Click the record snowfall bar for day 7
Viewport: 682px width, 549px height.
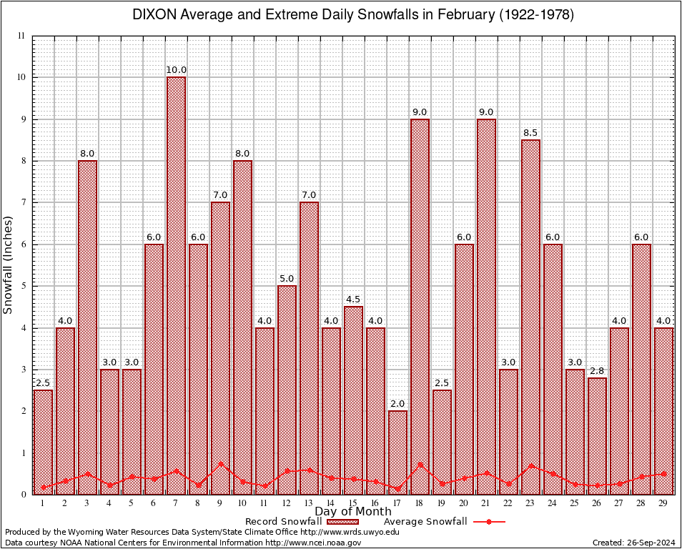[176, 286]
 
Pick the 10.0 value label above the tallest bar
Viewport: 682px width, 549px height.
[176, 70]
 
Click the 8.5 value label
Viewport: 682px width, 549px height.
[530, 133]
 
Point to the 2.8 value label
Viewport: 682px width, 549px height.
[597, 371]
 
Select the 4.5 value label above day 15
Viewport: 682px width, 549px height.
[353, 300]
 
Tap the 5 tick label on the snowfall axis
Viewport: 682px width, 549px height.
[23, 286]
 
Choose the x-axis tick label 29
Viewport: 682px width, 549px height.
[663, 503]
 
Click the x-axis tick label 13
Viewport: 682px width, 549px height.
[309, 503]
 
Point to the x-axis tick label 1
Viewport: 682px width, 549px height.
[43, 503]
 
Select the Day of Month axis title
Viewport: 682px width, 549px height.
[352, 512]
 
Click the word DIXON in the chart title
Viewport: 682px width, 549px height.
[152, 15]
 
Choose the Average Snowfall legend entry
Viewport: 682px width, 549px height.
[443, 522]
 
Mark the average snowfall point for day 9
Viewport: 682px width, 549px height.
[220, 463]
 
